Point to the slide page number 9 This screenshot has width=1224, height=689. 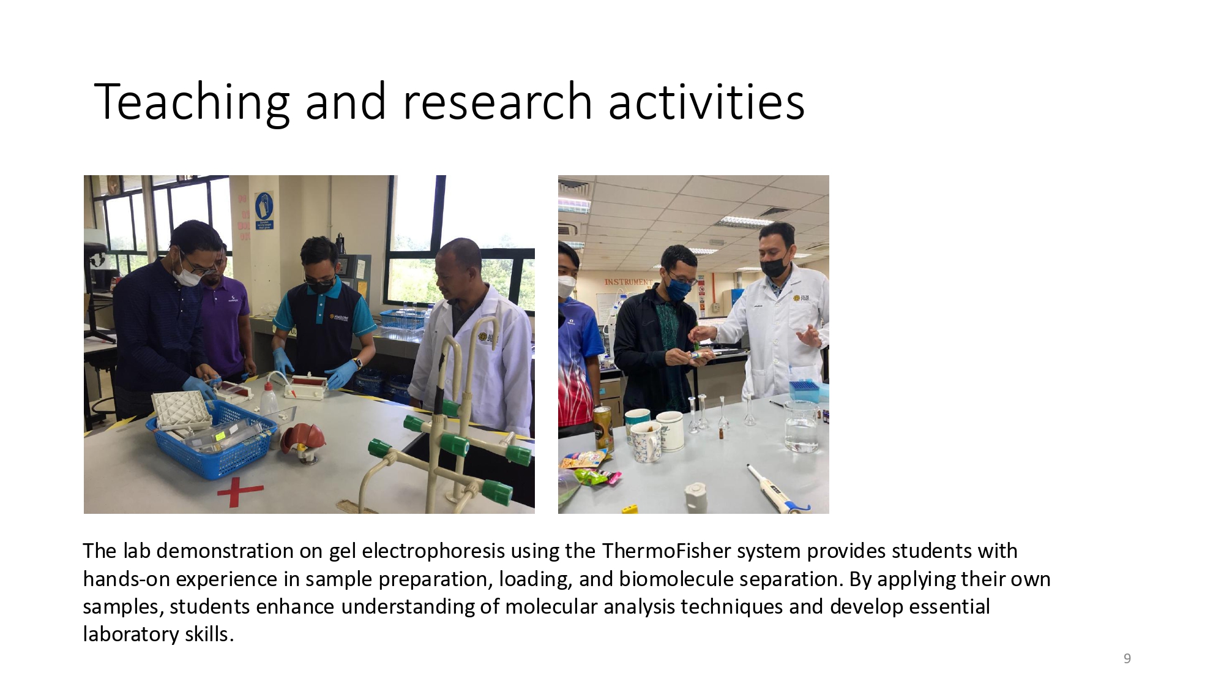click(1127, 658)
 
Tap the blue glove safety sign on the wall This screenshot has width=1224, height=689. click(264, 211)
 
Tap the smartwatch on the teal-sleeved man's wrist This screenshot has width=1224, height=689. click(357, 363)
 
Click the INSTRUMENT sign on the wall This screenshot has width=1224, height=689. click(629, 282)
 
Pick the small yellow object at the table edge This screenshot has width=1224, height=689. click(629, 509)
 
